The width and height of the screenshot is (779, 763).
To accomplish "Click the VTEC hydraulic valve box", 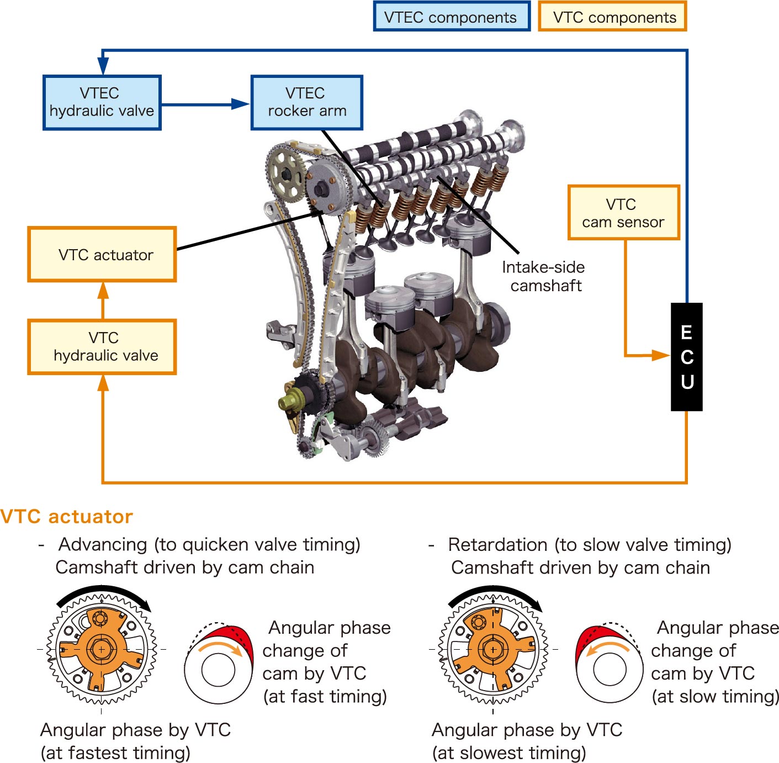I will (x=102, y=103).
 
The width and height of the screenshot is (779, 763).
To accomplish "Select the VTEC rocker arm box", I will (x=307, y=103).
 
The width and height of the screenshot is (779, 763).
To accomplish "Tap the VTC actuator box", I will (x=102, y=255).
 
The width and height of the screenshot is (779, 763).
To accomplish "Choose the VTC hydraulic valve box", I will (x=102, y=347).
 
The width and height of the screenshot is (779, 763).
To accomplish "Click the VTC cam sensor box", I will (x=623, y=213).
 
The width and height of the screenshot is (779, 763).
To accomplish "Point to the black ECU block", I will (x=686, y=357).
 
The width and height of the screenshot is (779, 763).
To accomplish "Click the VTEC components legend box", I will (x=451, y=17).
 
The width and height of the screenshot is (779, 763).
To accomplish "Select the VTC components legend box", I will (x=613, y=17).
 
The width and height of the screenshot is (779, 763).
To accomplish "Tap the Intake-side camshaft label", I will (x=544, y=276).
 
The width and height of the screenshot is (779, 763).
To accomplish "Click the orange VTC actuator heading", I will (x=67, y=517).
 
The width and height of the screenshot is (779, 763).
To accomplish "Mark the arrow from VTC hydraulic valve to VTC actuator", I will (x=103, y=300).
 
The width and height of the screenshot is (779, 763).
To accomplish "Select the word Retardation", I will (x=497, y=545).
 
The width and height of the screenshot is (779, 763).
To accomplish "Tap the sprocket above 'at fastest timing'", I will (x=102, y=649).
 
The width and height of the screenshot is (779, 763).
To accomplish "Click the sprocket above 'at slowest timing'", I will (x=493, y=649).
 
